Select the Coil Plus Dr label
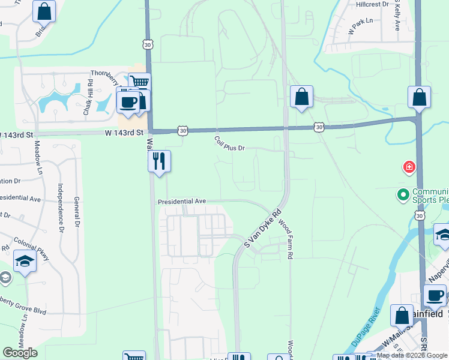pos(230,143)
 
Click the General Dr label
pos(77,213)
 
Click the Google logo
pos(20,353)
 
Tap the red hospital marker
pos(409,166)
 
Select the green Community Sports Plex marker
pos(403,194)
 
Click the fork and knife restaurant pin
pos(159,161)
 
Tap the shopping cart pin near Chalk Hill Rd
pos(139,83)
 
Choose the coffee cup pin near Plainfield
pos(435,296)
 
